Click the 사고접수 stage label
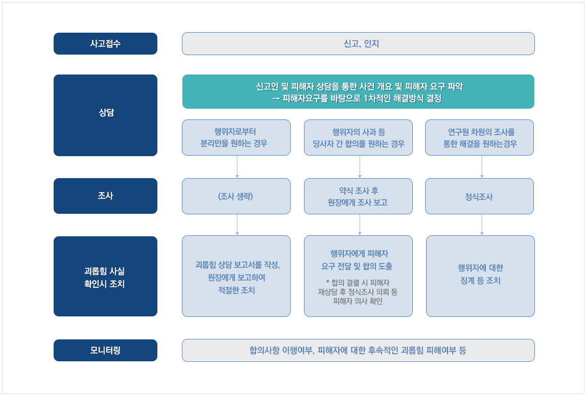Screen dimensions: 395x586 click(x=105, y=43)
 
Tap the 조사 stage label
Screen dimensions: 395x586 click(x=105, y=195)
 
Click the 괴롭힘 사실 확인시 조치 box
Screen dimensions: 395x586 click(x=105, y=276)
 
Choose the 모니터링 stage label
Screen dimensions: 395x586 click(x=105, y=350)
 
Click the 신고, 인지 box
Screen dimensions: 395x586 click(x=358, y=43)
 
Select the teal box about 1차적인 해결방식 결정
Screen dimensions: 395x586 click(x=358, y=91)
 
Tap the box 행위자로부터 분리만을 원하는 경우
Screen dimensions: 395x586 click(x=236, y=137)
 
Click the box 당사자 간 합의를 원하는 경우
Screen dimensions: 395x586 click(x=358, y=137)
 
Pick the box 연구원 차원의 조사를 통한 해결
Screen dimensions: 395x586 click(x=479, y=137)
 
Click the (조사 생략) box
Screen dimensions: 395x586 click(x=236, y=196)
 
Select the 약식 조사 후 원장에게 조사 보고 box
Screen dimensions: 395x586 click(x=358, y=196)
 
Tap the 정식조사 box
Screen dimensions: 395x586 click(x=479, y=196)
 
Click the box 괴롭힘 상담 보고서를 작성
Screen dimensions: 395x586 click(x=236, y=276)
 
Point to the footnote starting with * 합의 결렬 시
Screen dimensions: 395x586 click(x=358, y=292)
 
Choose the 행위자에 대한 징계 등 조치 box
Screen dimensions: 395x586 click(x=480, y=276)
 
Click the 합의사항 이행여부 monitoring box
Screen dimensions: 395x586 click(x=358, y=350)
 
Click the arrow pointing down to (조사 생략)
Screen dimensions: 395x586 click(x=237, y=166)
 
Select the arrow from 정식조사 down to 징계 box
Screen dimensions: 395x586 click(x=482, y=225)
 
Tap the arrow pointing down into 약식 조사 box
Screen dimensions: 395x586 click(x=360, y=166)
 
